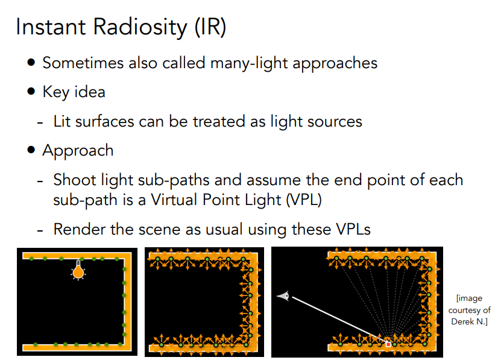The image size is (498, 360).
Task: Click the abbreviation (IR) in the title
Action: pyautogui.click(x=210, y=28)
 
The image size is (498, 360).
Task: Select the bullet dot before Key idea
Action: pyautogui.click(x=31, y=92)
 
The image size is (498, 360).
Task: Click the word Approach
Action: pyautogui.click(x=78, y=150)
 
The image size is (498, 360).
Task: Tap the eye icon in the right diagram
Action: pyautogui.click(x=283, y=295)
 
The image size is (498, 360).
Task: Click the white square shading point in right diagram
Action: pyautogui.click(x=388, y=343)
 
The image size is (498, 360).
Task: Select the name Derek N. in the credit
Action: pyautogui.click(x=469, y=322)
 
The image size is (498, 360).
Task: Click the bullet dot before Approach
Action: pyautogui.click(x=31, y=150)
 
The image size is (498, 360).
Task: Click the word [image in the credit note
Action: pyautogui.click(x=470, y=298)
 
